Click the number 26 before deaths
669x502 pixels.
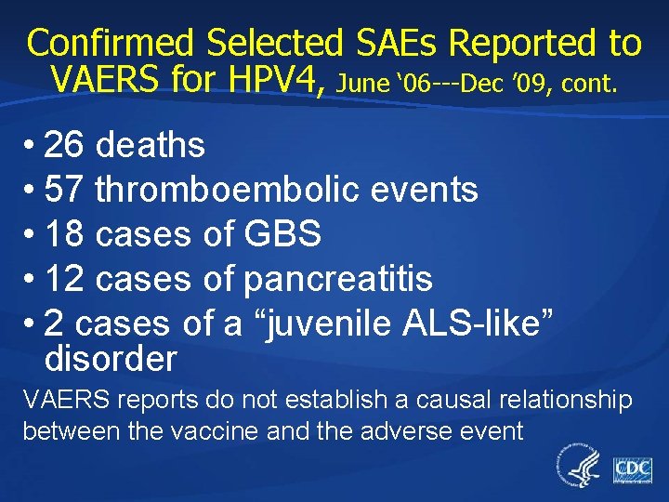click(64, 145)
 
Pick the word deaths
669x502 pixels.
click(151, 145)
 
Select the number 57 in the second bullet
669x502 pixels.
click(64, 191)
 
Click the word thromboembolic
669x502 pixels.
click(232, 191)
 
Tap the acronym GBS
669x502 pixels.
click(282, 235)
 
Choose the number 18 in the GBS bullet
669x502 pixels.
click(64, 235)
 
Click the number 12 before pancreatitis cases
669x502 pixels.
click(64, 279)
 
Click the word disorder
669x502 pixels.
click(110, 358)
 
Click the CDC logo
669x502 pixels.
click(632, 469)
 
